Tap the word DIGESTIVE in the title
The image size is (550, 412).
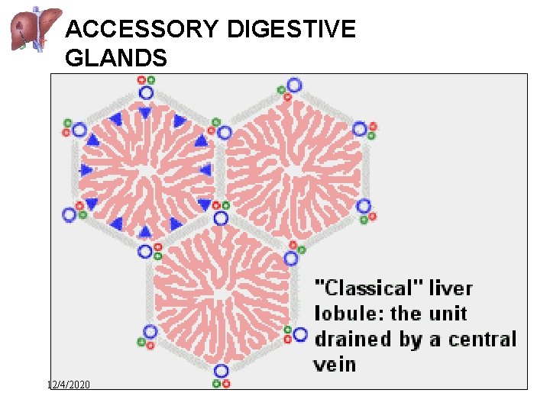pos(291,29)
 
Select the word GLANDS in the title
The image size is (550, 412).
pos(116,57)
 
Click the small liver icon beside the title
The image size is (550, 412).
pos(30,28)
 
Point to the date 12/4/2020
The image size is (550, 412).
pos(69,385)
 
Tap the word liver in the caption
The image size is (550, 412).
pos(451,288)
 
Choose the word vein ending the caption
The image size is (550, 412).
pos(335,364)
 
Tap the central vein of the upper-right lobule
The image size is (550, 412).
pos(294,170)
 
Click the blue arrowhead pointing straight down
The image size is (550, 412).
pos(145,113)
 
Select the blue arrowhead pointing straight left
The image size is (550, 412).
pos(205,170)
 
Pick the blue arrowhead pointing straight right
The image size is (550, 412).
pos(86,169)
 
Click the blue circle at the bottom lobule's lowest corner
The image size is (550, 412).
pos(221,371)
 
